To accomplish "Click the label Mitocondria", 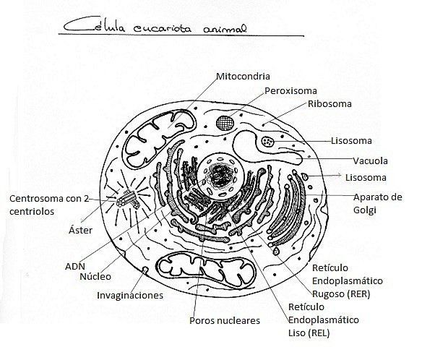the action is pyautogui.click(x=243, y=76).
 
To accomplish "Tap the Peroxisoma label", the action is pyautogui.click(x=290, y=91).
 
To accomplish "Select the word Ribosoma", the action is pyautogui.click(x=330, y=104).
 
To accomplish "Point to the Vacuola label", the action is pyautogui.click(x=370, y=161).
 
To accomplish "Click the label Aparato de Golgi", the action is pyautogui.click(x=378, y=204).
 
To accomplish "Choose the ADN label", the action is pyautogui.click(x=75, y=267).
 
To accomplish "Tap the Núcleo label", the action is pyautogui.click(x=95, y=276).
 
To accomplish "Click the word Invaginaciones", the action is pyautogui.click(x=130, y=296).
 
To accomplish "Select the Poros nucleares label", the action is pyautogui.click(x=225, y=321).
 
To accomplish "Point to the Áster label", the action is pyautogui.click(x=80, y=230).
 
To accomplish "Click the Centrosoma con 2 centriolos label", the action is pyautogui.click(x=49, y=205).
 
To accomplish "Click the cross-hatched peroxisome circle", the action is pyautogui.click(x=225, y=123).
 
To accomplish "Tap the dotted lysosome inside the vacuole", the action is pyautogui.click(x=268, y=142).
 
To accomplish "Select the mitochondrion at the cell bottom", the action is pyautogui.click(x=207, y=270).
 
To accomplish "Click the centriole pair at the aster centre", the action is pyautogui.click(x=128, y=199).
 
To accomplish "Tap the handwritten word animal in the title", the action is pyautogui.click(x=225, y=29).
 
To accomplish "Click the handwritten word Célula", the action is pyautogui.click(x=95, y=26).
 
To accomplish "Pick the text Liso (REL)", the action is pyautogui.click(x=309, y=333).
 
